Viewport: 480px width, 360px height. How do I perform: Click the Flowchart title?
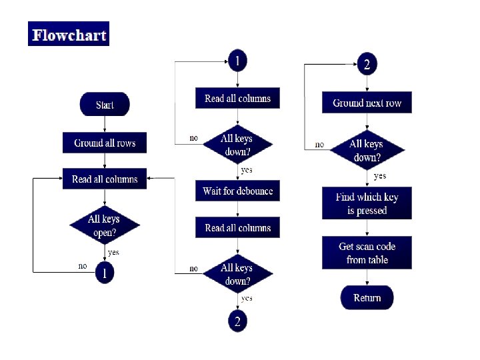click(x=69, y=35)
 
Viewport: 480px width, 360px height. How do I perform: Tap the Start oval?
click(x=105, y=105)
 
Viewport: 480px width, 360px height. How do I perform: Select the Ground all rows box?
click(x=105, y=143)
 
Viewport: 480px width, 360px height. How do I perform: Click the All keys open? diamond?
click(x=105, y=225)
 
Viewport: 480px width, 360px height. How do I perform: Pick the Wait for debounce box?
click(x=238, y=191)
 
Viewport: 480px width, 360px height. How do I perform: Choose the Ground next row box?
click(x=367, y=103)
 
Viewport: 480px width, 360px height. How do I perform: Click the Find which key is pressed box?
click(x=367, y=203)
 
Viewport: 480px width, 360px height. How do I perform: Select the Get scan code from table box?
click(x=367, y=253)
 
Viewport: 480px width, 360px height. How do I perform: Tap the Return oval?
click(x=367, y=297)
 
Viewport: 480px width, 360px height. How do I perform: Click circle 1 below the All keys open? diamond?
click(x=105, y=272)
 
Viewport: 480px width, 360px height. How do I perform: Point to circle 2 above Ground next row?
click(x=367, y=65)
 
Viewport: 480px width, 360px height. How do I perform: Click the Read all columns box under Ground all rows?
click(x=105, y=179)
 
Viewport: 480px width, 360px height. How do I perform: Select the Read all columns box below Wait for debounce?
click(x=238, y=228)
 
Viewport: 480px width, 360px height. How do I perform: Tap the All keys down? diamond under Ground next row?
click(x=367, y=150)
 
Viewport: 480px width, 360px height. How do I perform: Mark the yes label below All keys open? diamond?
click(x=113, y=252)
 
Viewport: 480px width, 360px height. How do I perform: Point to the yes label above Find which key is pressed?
click(x=380, y=176)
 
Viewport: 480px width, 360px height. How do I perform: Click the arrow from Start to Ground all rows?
click(x=105, y=125)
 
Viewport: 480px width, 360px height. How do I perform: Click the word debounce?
click(x=253, y=191)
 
